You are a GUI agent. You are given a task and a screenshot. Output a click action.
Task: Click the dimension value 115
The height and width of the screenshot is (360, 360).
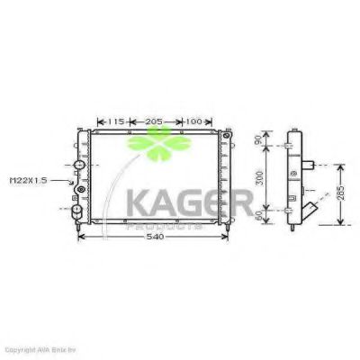click(114, 121)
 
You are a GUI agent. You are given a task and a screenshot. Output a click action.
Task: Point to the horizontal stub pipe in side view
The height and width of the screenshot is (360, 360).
click(310, 166)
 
